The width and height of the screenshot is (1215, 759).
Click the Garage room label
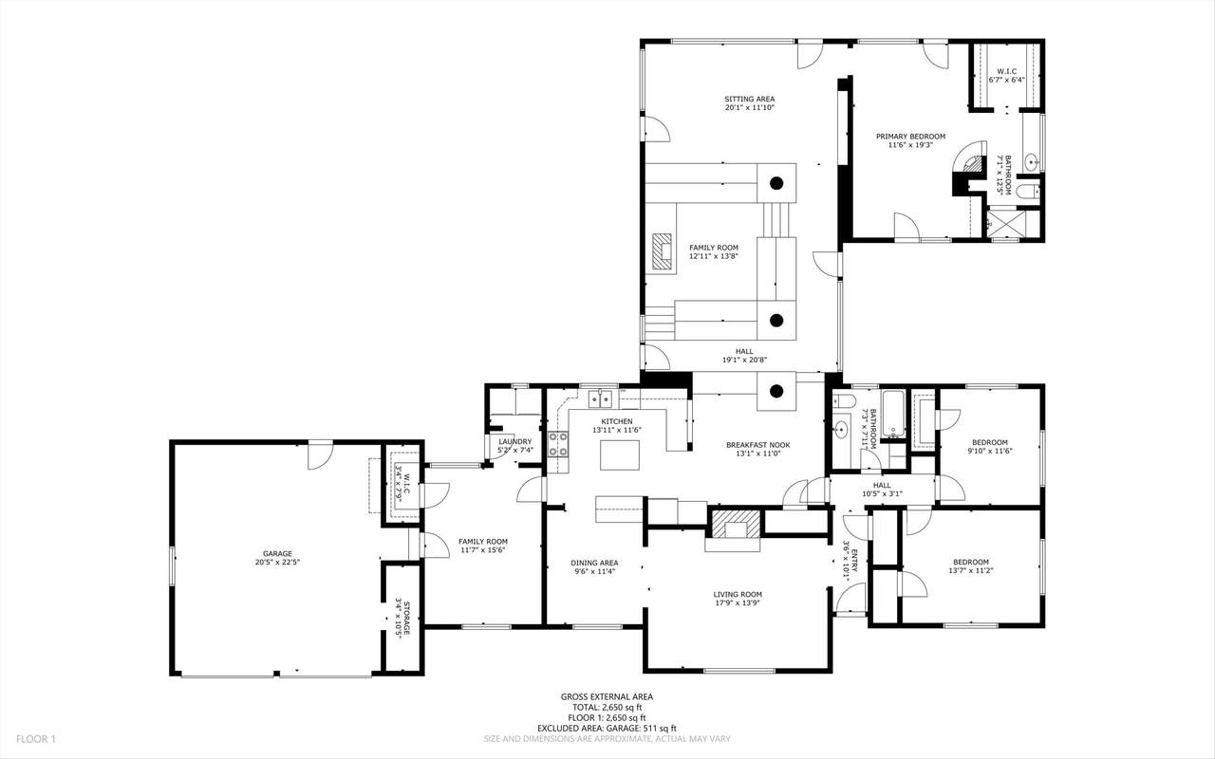(277, 553)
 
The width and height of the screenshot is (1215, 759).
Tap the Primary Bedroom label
(910, 137)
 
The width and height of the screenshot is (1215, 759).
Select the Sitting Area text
(750, 100)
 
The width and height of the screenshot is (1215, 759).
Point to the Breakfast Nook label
(758, 445)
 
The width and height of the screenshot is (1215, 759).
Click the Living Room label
(738, 594)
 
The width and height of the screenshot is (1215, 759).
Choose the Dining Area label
(594, 563)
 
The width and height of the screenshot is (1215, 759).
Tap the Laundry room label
(515, 442)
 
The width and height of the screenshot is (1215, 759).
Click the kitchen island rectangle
(620, 454)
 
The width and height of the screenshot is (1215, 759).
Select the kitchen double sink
(601, 399)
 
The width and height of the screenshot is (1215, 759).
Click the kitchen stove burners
(558, 444)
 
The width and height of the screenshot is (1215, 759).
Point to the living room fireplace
(736, 524)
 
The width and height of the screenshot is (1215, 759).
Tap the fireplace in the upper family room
(662, 251)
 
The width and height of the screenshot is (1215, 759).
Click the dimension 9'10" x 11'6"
(990, 451)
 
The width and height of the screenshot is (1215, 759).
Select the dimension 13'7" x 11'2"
(971, 570)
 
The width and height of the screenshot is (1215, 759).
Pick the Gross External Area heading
(607, 696)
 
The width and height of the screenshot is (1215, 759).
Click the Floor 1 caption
(36, 739)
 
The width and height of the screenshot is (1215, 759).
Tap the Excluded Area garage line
(607, 729)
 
